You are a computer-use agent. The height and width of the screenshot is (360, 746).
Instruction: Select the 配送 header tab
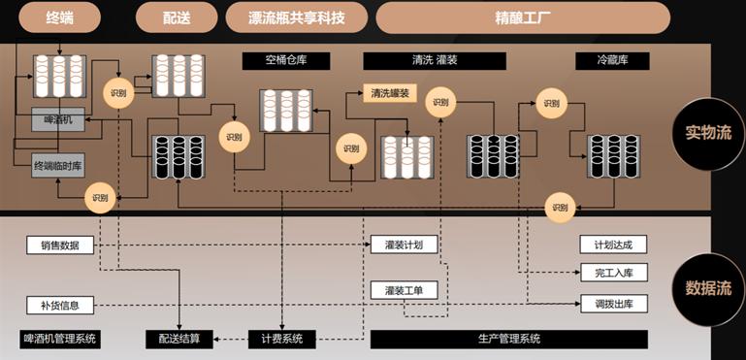pos(176,16)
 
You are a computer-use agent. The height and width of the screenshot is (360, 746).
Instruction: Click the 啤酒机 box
pos(58,120)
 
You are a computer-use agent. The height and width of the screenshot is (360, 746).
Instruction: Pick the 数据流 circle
pos(708,287)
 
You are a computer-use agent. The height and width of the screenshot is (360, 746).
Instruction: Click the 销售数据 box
pos(60,245)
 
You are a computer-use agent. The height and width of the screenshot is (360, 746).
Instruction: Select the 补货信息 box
pos(60,306)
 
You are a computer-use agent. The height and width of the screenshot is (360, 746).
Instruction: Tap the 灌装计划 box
pos(404,245)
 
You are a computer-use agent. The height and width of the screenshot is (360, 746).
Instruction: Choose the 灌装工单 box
pos(404,289)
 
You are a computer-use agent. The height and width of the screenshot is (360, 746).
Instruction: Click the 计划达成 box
pos(612,245)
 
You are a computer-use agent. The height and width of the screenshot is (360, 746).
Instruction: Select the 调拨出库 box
pos(612,303)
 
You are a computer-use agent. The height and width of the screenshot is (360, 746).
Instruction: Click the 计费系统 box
pos(281,339)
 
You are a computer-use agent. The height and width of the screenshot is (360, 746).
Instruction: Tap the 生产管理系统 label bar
pos(508,339)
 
